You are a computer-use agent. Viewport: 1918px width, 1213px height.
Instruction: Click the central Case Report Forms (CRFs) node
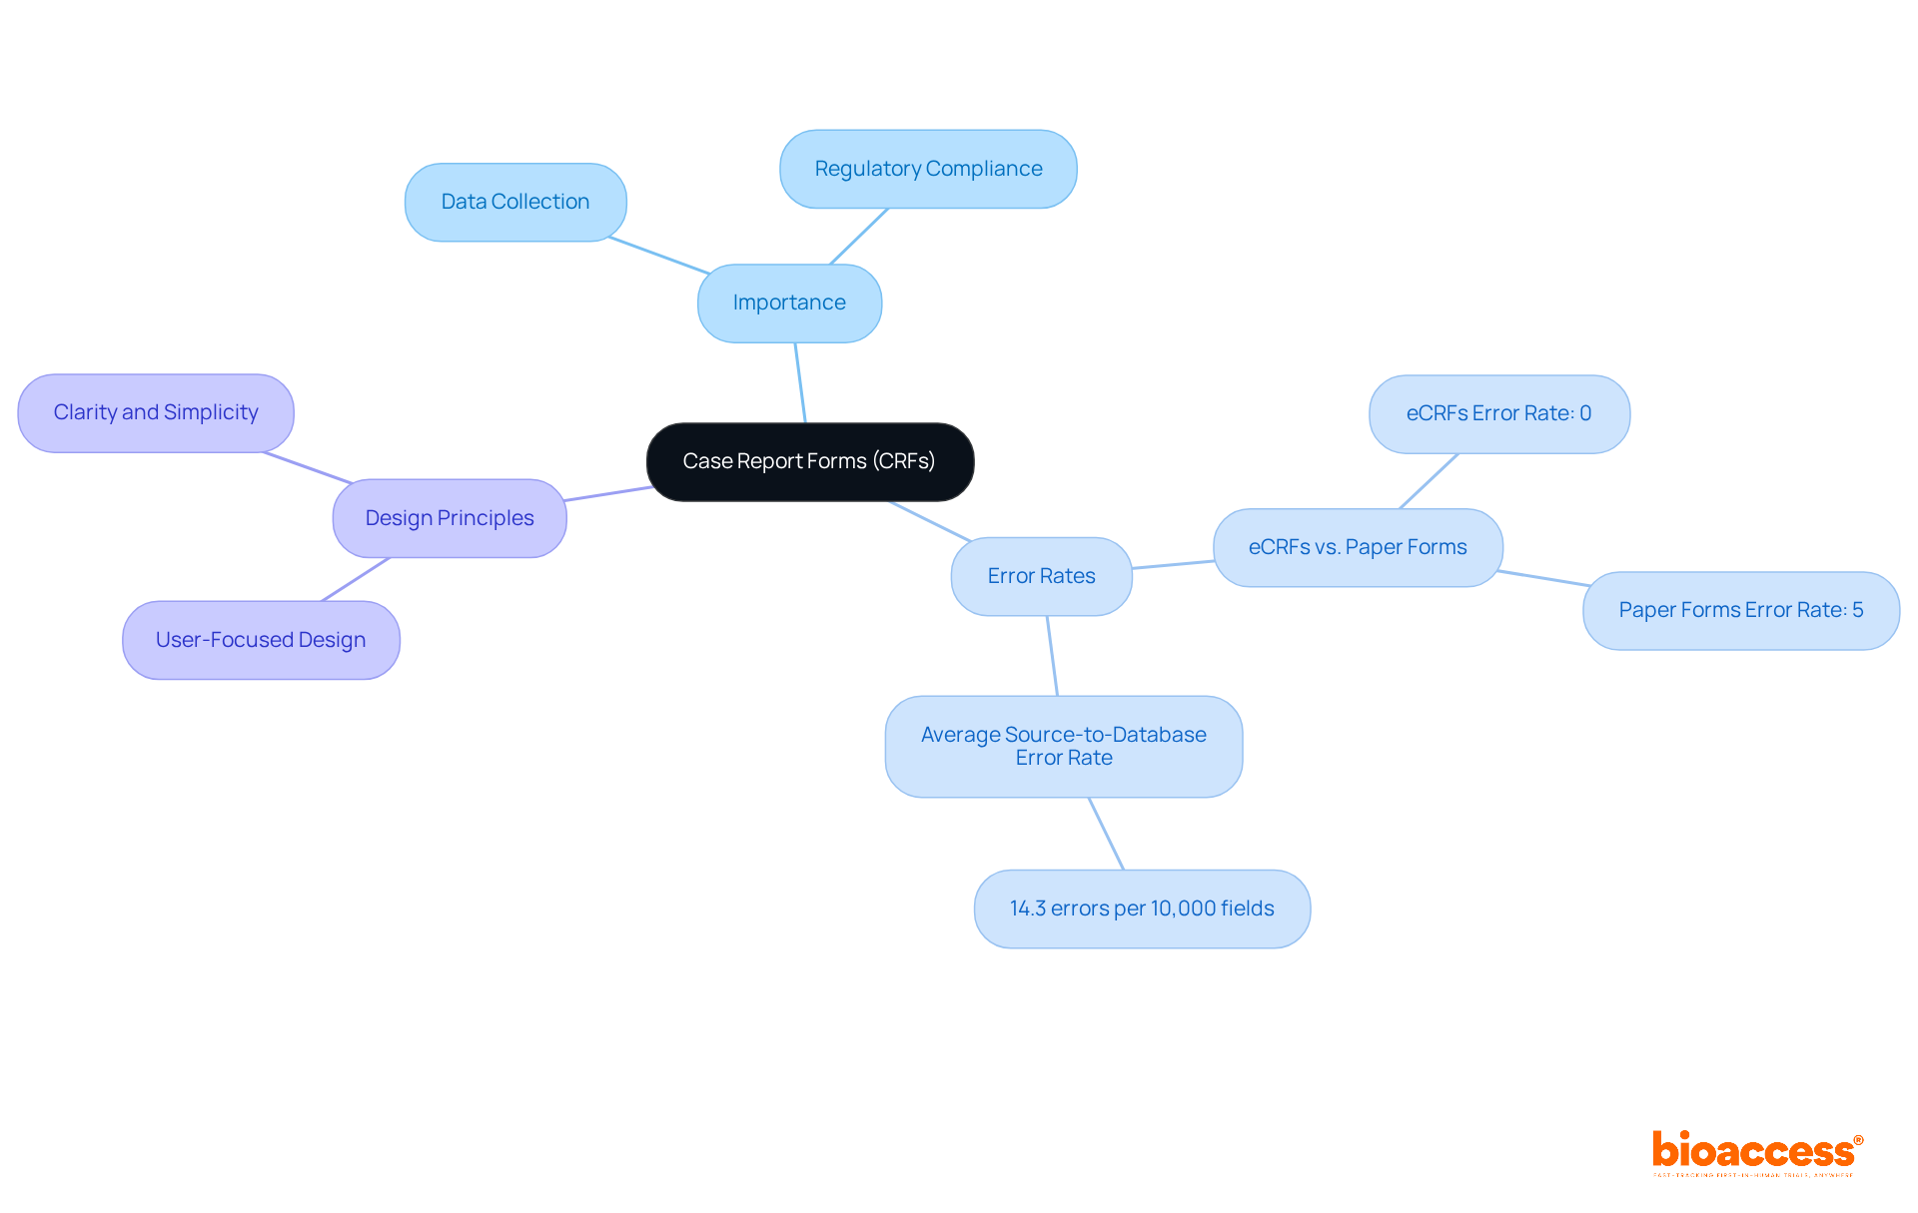click(x=809, y=461)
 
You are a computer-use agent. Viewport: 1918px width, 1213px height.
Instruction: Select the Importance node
click(x=789, y=303)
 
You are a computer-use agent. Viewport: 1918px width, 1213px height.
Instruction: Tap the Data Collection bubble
click(x=515, y=202)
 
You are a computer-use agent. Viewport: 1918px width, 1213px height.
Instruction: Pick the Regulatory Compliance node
click(x=928, y=169)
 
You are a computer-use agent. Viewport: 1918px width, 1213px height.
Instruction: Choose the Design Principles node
click(x=450, y=518)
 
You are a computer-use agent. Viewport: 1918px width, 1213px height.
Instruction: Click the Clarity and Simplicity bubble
click(x=156, y=412)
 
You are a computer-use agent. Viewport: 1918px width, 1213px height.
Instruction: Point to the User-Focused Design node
click(x=261, y=640)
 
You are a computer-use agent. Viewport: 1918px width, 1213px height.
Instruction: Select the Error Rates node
click(x=1041, y=576)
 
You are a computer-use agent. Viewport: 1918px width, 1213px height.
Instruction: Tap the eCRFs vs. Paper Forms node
click(x=1358, y=547)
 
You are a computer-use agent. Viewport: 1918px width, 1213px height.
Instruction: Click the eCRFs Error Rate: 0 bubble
click(x=1498, y=413)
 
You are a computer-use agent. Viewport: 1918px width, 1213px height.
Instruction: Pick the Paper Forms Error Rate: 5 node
click(x=1740, y=610)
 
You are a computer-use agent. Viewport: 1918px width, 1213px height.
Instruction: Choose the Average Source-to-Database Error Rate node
click(x=1063, y=746)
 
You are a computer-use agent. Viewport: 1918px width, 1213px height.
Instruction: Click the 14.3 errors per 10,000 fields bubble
click(x=1142, y=909)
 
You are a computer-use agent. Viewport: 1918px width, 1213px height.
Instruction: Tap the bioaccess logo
click(x=1756, y=1152)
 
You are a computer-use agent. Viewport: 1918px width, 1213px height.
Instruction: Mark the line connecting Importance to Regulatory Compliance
click(x=859, y=237)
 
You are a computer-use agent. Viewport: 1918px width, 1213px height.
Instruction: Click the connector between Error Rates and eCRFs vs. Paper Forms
click(x=1173, y=565)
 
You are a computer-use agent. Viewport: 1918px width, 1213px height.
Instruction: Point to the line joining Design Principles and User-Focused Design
click(x=356, y=579)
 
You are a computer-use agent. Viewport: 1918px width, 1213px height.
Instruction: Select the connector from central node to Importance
click(x=800, y=383)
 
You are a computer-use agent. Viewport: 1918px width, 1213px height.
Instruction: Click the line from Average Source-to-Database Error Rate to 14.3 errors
click(x=1106, y=834)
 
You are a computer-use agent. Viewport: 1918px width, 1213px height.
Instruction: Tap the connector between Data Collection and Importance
click(x=659, y=256)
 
